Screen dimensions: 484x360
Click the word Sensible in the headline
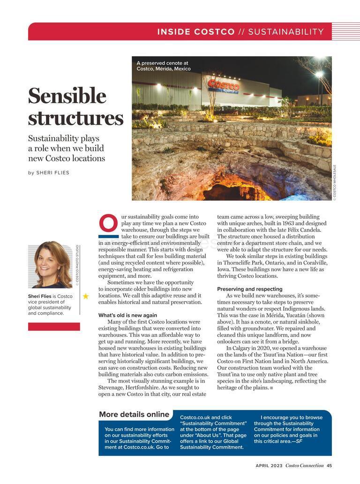click(x=67, y=96)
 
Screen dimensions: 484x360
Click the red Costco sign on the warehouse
click(x=223, y=86)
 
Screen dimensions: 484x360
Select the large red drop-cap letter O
click(x=108, y=224)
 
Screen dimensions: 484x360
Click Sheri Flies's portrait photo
click(x=50, y=266)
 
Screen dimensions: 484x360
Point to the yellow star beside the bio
click(x=86, y=296)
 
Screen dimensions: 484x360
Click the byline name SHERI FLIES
click(x=52, y=173)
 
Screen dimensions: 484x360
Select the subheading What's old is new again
click(x=127, y=315)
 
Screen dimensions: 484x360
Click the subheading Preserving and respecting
click(x=249, y=289)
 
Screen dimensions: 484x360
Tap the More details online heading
click(x=134, y=415)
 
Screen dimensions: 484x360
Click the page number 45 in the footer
click(x=329, y=466)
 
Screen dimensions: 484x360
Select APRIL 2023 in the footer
click(x=269, y=466)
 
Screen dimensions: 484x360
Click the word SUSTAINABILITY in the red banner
click(x=286, y=32)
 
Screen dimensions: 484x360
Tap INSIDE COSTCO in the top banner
click(x=196, y=32)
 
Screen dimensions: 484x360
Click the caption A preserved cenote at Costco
click(x=164, y=66)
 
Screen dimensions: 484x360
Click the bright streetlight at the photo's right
click(x=319, y=74)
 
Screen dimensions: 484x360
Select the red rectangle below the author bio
click(x=54, y=326)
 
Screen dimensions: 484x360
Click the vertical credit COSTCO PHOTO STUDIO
click(x=77, y=265)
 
